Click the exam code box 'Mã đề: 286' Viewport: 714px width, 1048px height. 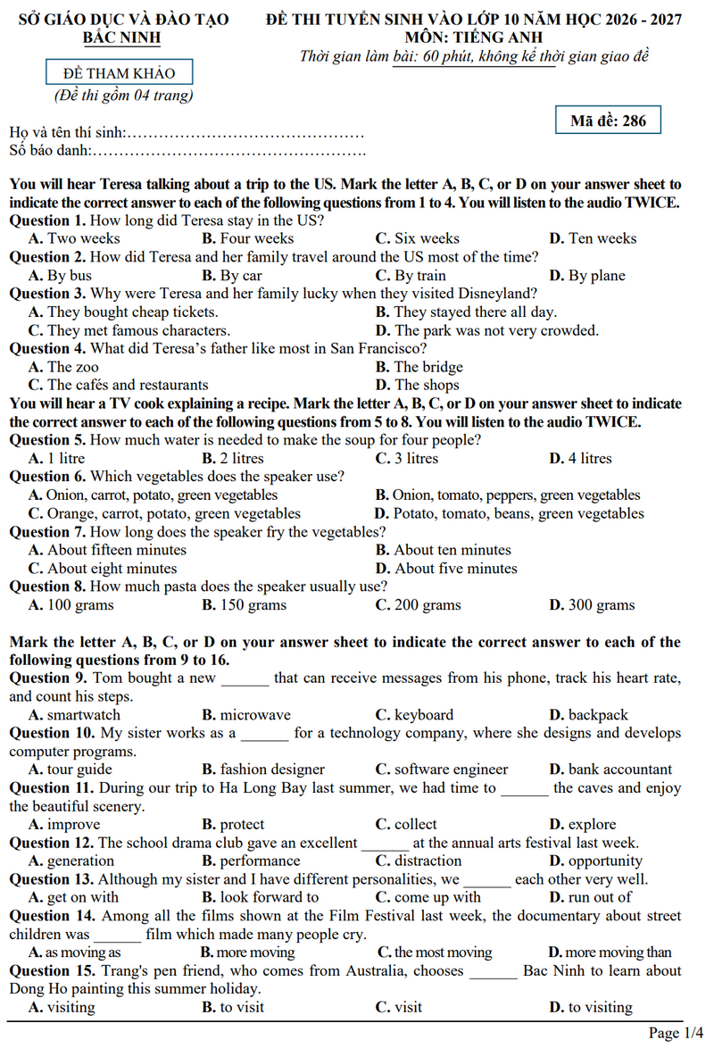point(608,121)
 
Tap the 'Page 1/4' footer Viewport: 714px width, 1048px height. point(676,1033)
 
